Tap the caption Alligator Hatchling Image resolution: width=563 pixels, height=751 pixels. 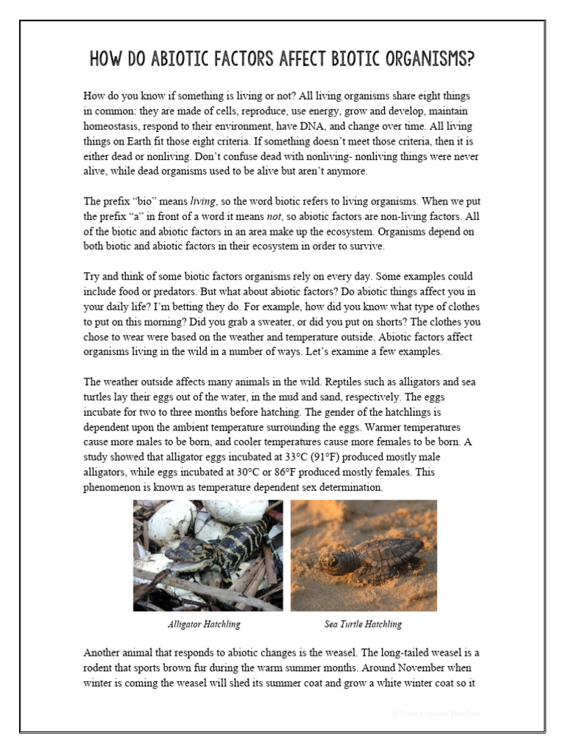click(205, 624)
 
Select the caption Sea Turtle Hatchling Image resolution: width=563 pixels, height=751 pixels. click(363, 624)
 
